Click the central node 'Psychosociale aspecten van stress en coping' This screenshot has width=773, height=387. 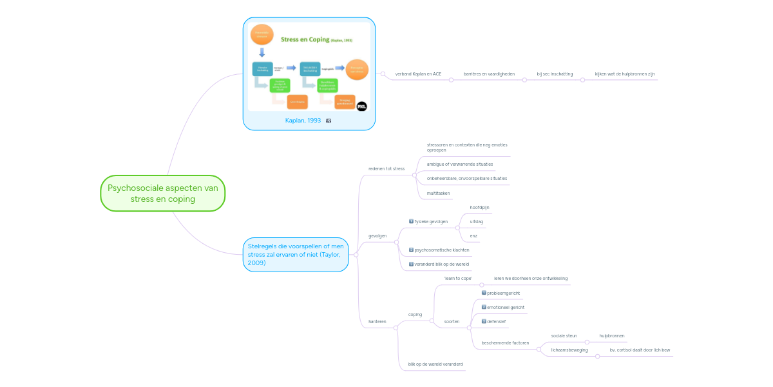coord(163,193)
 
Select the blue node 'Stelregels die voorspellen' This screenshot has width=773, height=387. coord(296,254)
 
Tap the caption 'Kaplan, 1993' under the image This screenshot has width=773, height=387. coord(303,121)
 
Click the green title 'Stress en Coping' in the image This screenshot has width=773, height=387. coord(305,39)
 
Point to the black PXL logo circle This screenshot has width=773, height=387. coord(361,106)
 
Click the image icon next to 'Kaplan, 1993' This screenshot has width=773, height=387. coord(329,121)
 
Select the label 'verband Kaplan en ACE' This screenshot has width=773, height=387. coord(418,74)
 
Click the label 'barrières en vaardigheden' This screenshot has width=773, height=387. coord(489,74)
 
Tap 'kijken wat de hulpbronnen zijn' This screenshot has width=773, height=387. coord(625,74)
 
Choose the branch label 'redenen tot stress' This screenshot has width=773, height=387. coord(386,169)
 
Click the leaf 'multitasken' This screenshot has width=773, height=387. coord(438,193)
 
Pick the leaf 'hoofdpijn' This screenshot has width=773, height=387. coord(479,208)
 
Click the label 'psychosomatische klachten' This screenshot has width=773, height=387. coord(441,250)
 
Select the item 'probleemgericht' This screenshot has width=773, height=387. coord(503,293)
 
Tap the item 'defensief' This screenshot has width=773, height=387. coord(496,321)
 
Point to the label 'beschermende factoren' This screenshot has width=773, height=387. coord(505,343)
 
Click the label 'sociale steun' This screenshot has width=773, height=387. coord(564,335)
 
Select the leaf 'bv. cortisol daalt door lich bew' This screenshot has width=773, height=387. coord(640,350)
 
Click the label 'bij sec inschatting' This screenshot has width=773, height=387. coord(555,74)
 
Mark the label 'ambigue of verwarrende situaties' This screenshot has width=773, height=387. coord(459,164)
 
